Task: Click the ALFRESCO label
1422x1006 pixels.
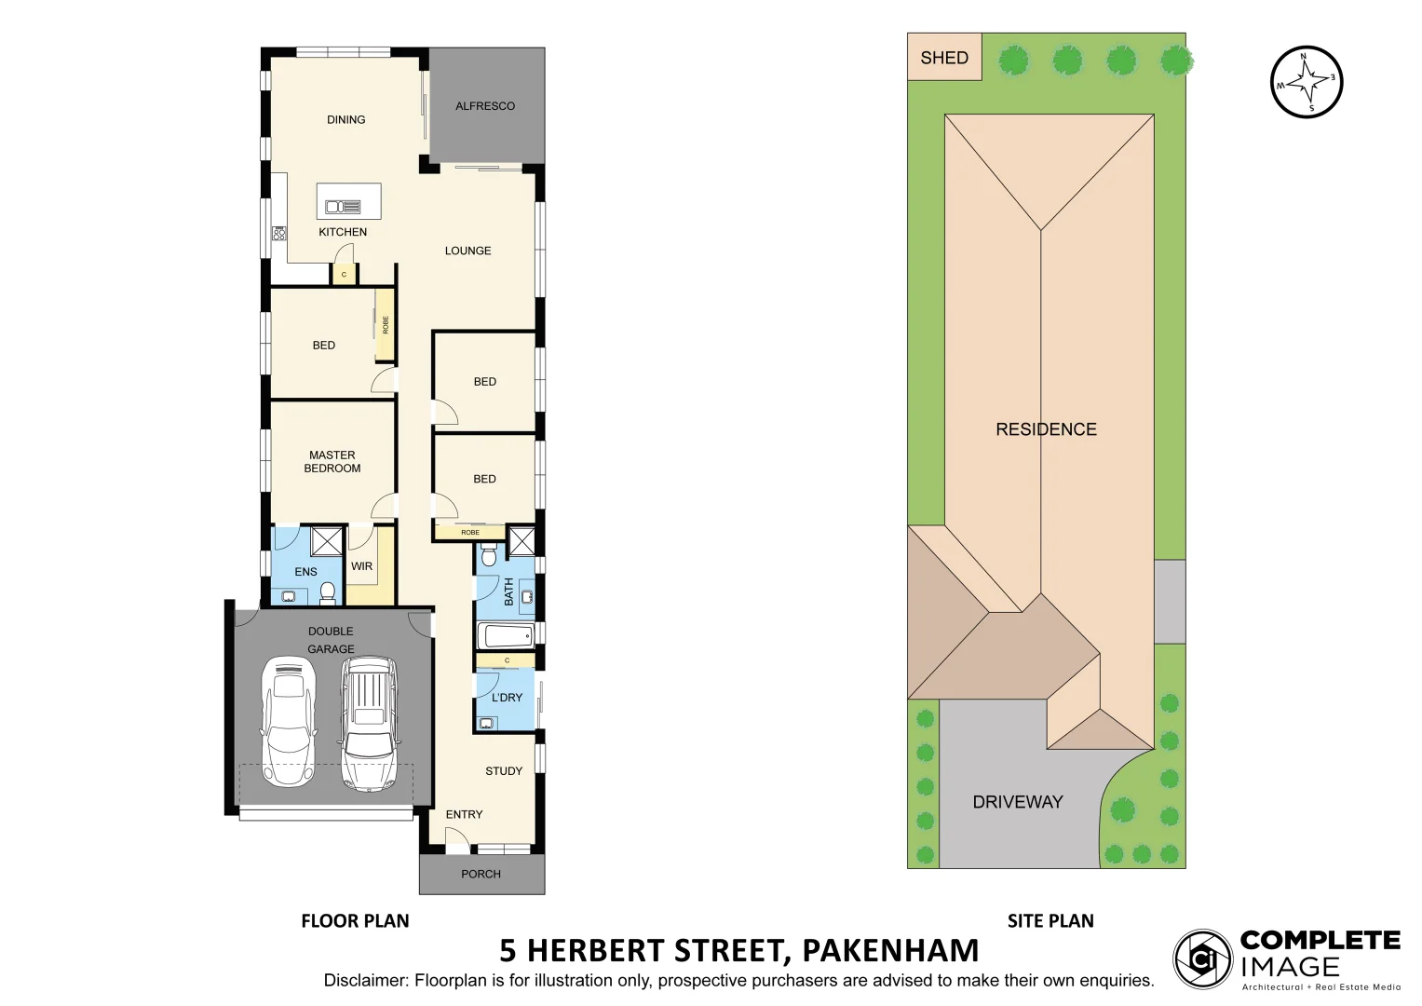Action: click(484, 106)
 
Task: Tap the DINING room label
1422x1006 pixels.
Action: click(345, 119)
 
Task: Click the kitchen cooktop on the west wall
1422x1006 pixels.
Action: click(278, 233)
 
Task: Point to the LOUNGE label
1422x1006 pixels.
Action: click(467, 251)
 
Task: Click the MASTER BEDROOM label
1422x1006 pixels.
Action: click(332, 462)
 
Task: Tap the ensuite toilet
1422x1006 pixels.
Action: click(327, 591)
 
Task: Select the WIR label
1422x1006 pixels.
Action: click(361, 566)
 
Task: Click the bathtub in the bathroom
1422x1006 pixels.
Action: click(504, 636)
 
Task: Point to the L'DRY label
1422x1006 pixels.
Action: click(507, 698)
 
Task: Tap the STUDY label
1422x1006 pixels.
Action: click(504, 771)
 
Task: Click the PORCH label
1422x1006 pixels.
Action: click(481, 874)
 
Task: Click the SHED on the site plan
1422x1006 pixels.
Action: click(943, 58)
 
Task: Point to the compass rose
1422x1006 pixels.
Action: click(1307, 83)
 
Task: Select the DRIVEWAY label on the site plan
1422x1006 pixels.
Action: click(1017, 802)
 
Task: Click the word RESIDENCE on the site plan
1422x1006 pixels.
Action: click(1046, 429)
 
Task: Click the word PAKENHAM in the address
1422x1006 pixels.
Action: click(889, 950)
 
